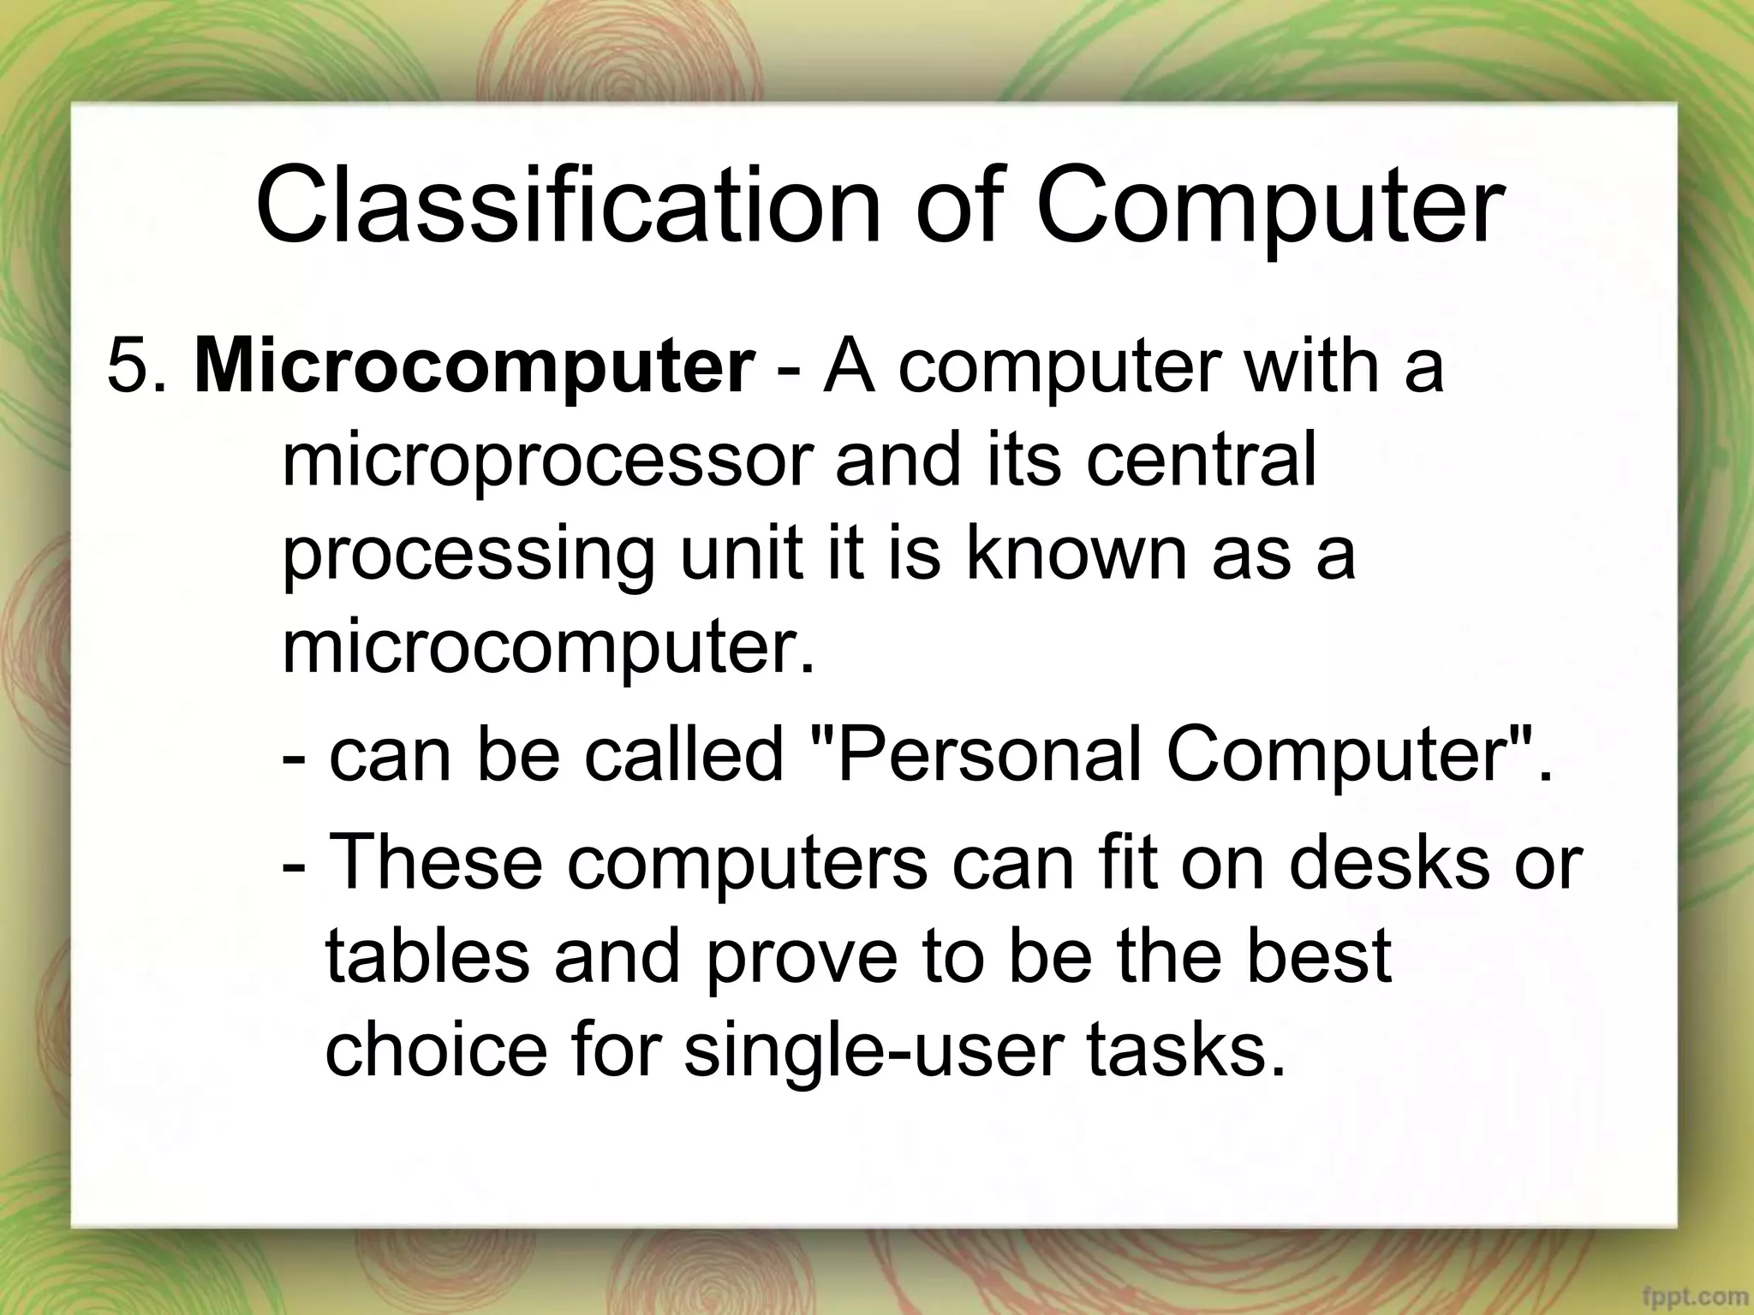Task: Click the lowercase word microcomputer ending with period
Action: point(548,648)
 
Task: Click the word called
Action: point(684,755)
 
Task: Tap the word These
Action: point(436,862)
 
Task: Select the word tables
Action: point(427,955)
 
